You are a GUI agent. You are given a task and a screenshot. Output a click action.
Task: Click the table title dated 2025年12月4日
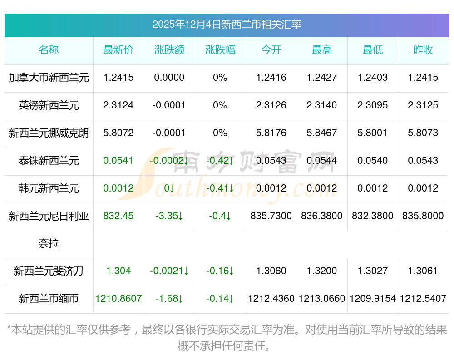point(227,25)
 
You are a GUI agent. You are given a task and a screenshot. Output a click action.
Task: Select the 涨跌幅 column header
point(220,50)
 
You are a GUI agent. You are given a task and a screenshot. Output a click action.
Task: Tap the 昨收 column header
point(423,50)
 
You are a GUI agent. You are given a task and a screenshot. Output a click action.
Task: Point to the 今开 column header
point(271,50)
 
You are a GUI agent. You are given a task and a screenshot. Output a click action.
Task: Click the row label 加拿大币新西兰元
point(49,78)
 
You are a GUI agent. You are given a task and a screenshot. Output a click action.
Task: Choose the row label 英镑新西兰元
point(49,105)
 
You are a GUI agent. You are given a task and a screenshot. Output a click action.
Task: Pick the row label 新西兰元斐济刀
point(49,271)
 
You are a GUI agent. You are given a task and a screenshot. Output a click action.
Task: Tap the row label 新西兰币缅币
point(49,299)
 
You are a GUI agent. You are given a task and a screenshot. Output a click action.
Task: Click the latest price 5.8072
point(118,133)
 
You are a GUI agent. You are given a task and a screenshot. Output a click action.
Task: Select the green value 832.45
point(118,216)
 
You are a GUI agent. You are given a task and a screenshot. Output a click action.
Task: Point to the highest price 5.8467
point(322,133)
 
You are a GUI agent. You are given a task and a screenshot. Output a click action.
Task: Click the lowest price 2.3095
point(372,105)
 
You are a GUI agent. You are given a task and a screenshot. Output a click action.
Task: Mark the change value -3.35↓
point(169,216)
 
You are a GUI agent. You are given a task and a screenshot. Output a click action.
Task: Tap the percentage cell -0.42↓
point(220,161)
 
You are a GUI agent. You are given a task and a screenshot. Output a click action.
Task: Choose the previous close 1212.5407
point(423,299)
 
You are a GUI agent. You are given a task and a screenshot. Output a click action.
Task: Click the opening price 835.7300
point(271,216)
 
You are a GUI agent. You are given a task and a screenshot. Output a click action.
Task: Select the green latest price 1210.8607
point(118,299)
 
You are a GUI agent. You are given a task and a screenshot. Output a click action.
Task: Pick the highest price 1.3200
point(322,271)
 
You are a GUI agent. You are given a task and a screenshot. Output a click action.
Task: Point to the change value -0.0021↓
point(169,271)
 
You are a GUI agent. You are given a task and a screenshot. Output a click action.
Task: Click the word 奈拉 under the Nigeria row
point(49,244)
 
